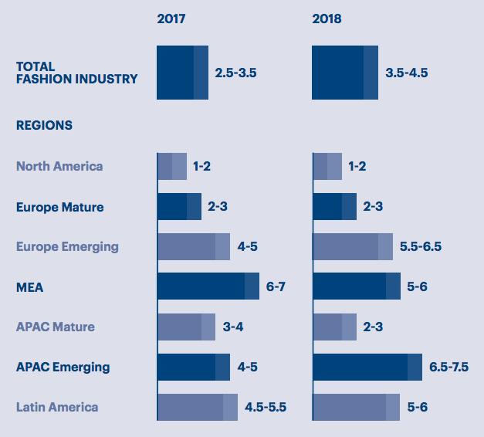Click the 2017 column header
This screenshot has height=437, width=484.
point(172,19)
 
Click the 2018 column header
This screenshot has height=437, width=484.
point(327,19)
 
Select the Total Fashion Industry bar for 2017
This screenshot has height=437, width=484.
point(182,73)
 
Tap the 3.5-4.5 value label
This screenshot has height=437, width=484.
point(406,73)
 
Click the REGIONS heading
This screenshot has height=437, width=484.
point(44,125)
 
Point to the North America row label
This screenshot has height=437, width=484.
point(59,166)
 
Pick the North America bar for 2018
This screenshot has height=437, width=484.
point(327,166)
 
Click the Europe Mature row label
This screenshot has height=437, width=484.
point(59,207)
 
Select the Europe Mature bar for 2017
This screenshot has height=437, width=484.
point(179,207)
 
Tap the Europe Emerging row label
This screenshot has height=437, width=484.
point(67,247)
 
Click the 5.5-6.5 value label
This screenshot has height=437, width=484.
point(421,247)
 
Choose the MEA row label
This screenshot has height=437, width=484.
point(29,287)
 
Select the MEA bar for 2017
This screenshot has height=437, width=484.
point(208,286)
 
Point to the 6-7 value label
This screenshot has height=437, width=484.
point(276,286)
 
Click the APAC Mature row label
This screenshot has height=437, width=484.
point(55,327)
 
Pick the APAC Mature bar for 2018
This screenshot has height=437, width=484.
point(334,327)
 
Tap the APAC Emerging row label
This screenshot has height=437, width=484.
point(63,367)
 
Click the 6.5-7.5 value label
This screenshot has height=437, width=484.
point(448,367)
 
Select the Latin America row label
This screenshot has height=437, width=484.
point(57,407)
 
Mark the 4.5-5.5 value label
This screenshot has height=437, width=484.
point(266,407)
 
